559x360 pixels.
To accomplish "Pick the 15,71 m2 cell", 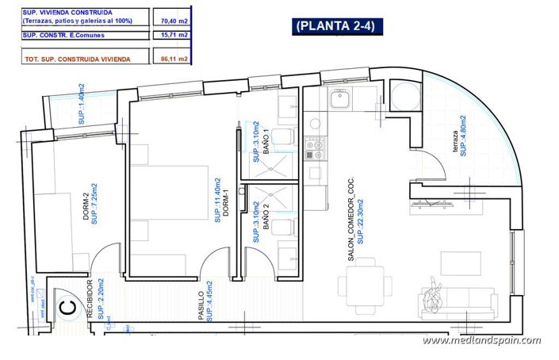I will point(172,35).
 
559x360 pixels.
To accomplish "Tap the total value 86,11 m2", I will point(172,59).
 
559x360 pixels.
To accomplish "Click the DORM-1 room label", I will point(225,205).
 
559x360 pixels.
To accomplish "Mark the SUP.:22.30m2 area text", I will point(359,219).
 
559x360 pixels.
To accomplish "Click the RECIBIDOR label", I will point(90,298).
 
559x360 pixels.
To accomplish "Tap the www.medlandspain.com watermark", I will point(481,340).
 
